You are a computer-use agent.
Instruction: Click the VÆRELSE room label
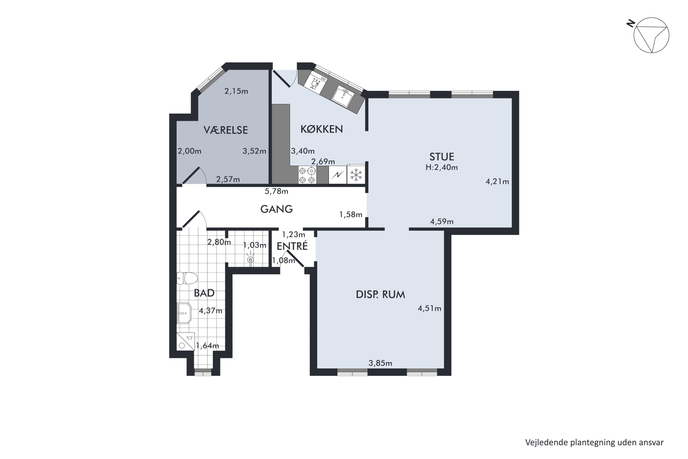[225, 130]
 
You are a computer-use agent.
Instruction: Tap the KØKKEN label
[322, 129]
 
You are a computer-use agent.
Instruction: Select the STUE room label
[442, 157]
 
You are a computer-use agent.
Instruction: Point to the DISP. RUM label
[380, 294]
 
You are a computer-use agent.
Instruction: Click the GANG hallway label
[276, 209]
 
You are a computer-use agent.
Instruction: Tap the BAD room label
[204, 293]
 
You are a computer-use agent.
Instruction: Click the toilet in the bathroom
[187, 278]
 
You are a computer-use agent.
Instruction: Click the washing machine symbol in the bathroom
[186, 342]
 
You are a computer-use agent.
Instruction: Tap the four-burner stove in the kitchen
[307, 175]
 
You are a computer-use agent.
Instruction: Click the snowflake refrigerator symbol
[356, 175]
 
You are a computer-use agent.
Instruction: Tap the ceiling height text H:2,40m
[442, 168]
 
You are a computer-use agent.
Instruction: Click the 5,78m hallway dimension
[276, 191]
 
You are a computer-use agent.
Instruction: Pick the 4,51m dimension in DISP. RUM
[429, 308]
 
